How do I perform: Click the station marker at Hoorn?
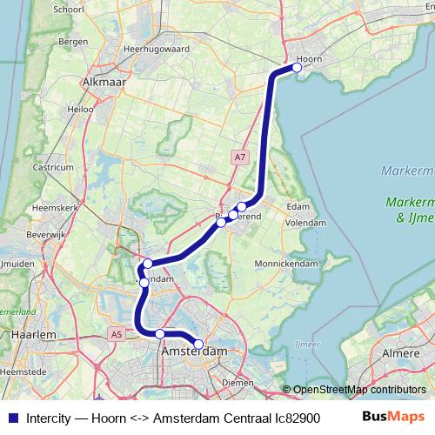297,67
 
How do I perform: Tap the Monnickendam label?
286,263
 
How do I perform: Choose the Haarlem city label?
35,334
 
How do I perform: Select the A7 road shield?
239,157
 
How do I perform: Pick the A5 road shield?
117,333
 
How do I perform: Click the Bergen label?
74,41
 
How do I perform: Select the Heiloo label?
80,110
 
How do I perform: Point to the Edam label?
298,206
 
